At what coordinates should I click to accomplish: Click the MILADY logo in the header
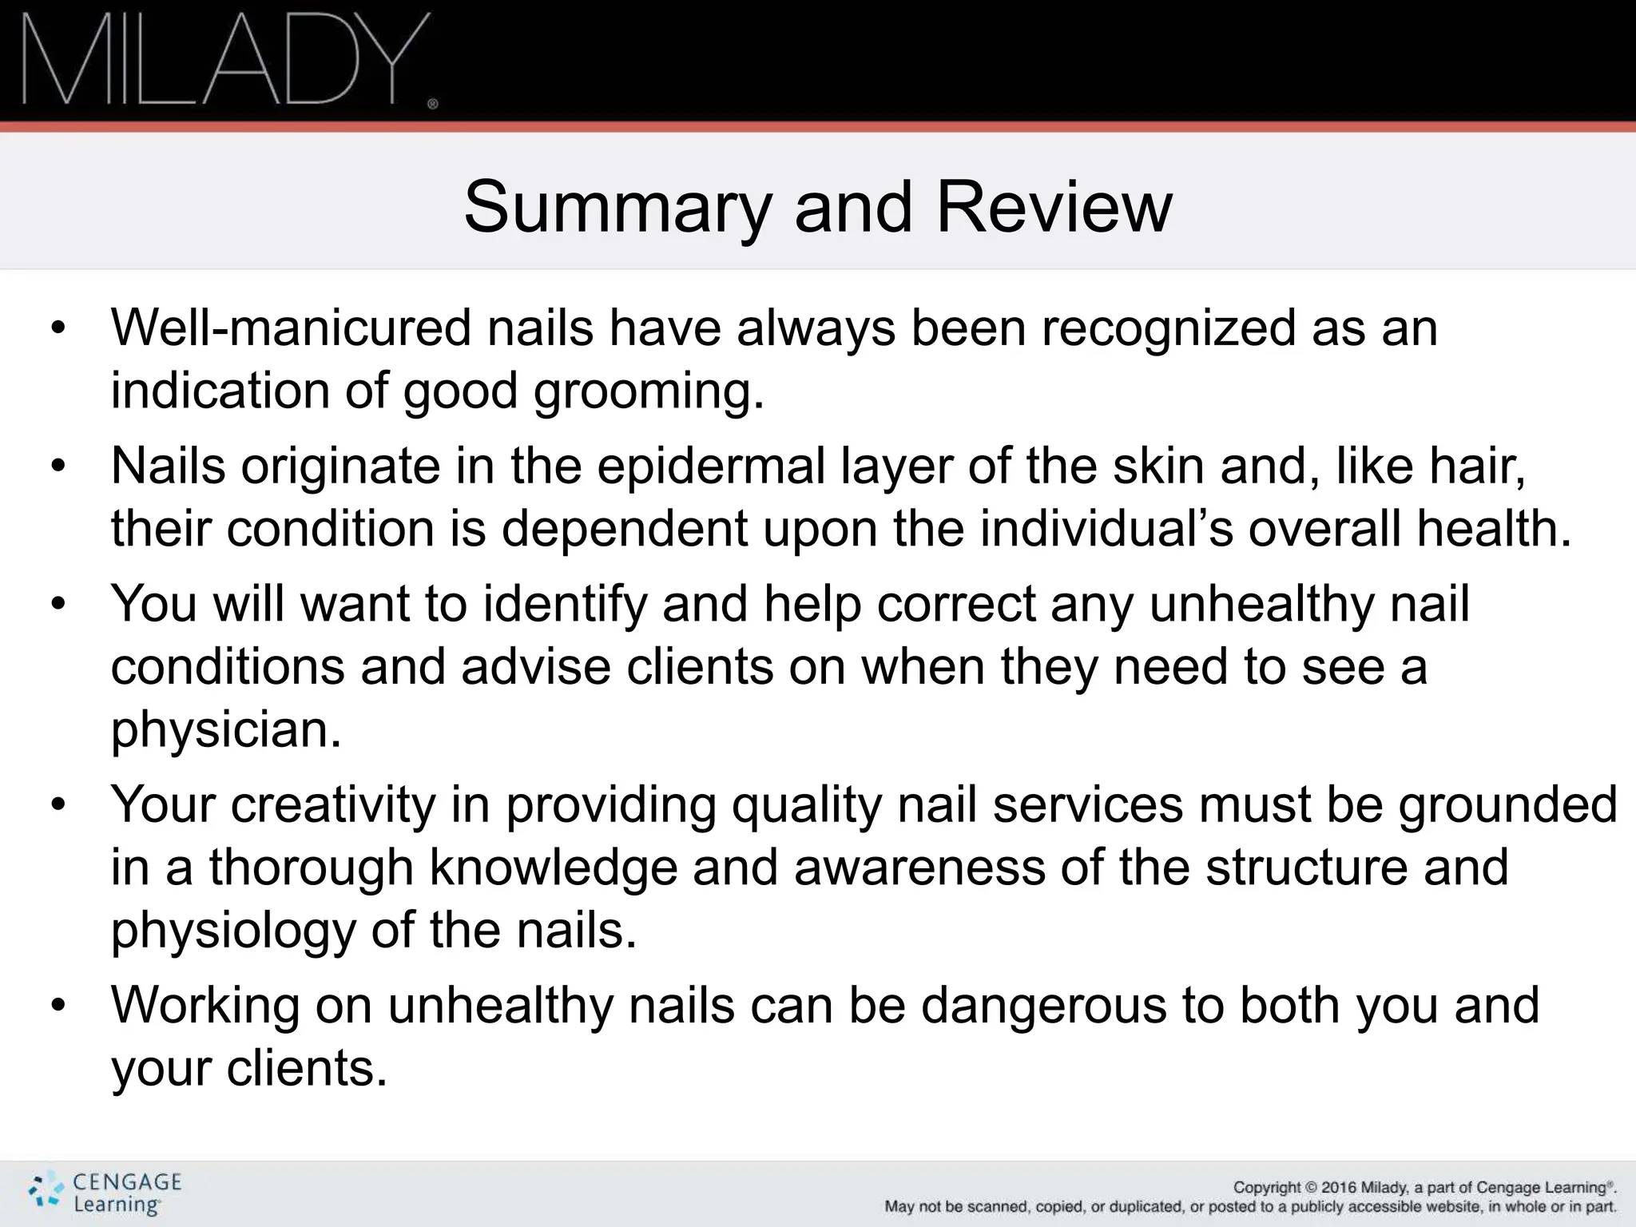point(228,60)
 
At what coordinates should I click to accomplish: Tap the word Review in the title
point(1054,207)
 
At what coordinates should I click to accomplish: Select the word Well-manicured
point(291,328)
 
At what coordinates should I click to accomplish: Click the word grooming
point(648,392)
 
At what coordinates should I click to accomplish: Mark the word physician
point(226,730)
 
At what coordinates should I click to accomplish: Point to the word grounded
point(1507,804)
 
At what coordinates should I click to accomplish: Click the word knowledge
point(554,868)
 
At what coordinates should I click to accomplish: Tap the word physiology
point(233,931)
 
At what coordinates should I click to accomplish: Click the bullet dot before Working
point(57,1007)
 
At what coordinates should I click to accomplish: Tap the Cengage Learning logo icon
point(45,1193)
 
